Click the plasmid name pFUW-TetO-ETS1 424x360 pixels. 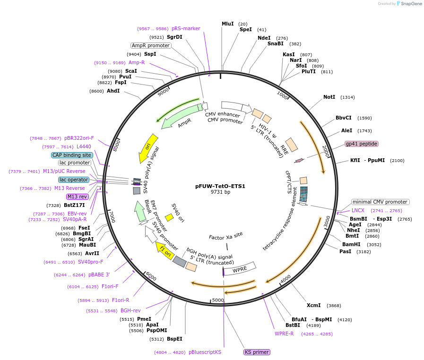click(220, 186)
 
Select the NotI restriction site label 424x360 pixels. click(329, 97)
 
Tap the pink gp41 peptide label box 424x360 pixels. click(362, 144)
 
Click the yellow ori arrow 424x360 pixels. click(148, 148)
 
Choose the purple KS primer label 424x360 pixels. click(257, 352)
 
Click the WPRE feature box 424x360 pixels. click(240, 269)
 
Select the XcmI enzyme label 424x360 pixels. click(314, 305)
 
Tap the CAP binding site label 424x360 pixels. click(72, 155)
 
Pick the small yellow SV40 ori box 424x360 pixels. click(169, 217)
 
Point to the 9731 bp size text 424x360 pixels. click(220, 192)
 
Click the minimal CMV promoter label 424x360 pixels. click(381, 202)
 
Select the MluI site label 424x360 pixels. click(228, 24)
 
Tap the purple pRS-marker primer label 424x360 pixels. click(186, 29)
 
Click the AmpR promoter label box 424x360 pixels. click(151, 45)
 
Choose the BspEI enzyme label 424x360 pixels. click(174, 339)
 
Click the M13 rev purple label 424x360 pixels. click(78, 197)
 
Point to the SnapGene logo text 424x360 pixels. click(411, 3)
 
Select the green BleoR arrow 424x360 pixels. click(140, 211)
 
